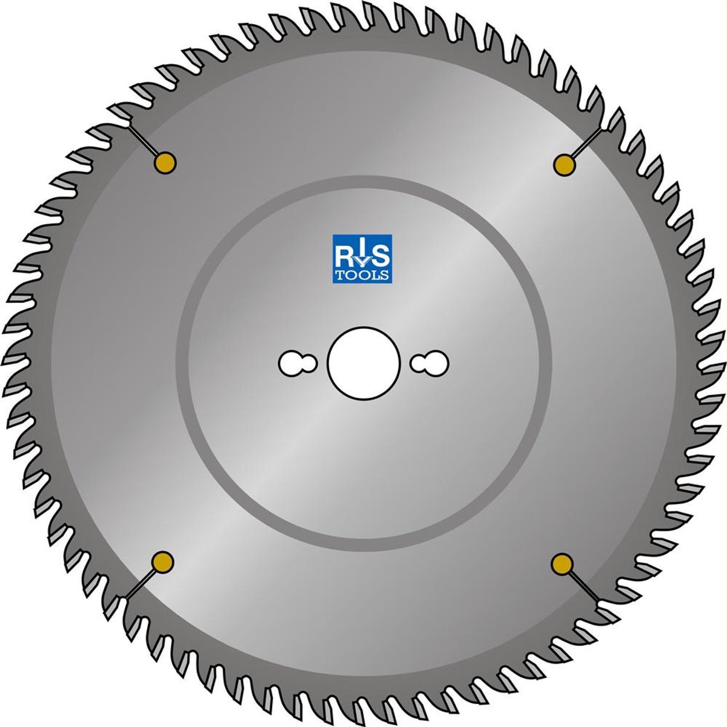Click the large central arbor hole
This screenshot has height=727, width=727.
click(363, 363)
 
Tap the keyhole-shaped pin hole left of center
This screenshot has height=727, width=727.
click(297, 363)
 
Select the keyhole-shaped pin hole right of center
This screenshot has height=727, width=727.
click(430, 363)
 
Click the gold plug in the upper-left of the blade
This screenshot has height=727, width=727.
click(165, 163)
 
